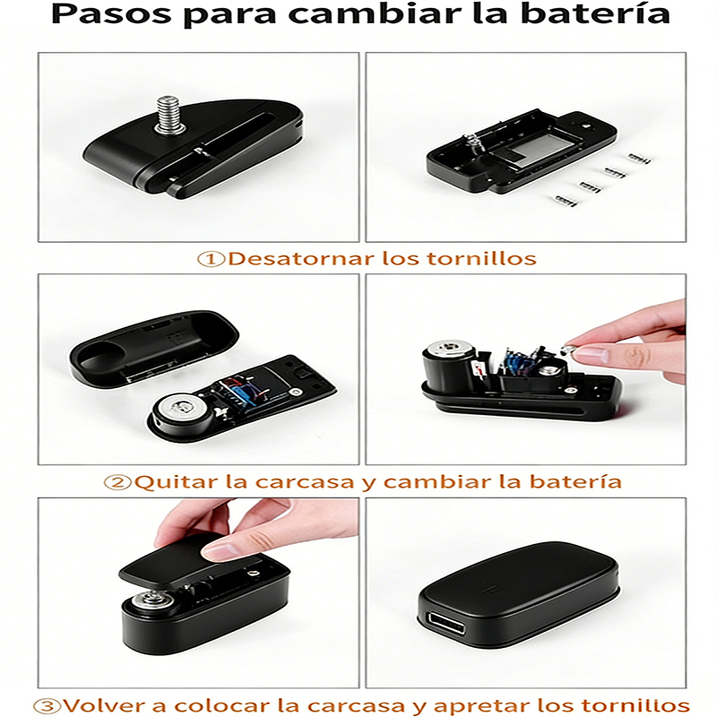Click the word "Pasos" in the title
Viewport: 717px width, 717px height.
click(111, 14)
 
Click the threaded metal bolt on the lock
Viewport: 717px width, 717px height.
click(169, 115)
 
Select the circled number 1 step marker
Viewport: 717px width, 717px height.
click(211, 259)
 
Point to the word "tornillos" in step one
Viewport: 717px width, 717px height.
click(481, 259)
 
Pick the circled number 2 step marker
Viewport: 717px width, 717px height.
click(117, 482)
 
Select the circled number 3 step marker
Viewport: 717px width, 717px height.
click(48, 706)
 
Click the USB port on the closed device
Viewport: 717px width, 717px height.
click(445, 623)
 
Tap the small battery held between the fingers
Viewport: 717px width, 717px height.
click(567, 350)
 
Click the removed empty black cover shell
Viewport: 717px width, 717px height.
click(153, 347)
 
